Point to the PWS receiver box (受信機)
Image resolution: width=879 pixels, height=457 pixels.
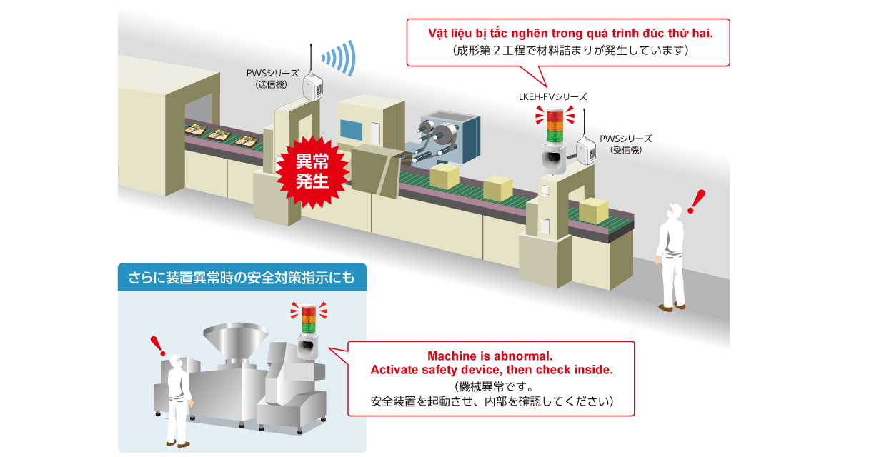tap(584, 150)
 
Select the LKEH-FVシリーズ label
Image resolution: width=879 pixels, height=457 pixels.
tap(552, 96)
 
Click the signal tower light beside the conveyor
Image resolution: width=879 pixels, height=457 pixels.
tap(554, 126)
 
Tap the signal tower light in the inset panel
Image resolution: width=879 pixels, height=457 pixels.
tap(307, 319)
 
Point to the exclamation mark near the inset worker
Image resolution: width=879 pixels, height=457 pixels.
tap(159, 346)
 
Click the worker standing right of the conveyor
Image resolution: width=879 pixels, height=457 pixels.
tap(671, 257)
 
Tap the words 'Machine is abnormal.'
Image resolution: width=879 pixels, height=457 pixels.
tap(490, 356)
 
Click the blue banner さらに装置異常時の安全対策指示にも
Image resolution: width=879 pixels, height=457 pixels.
tap(242, 276)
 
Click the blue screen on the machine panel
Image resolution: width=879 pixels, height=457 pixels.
tap(352, 129)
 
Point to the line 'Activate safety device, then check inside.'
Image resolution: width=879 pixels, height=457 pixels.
tap(491, 370)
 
